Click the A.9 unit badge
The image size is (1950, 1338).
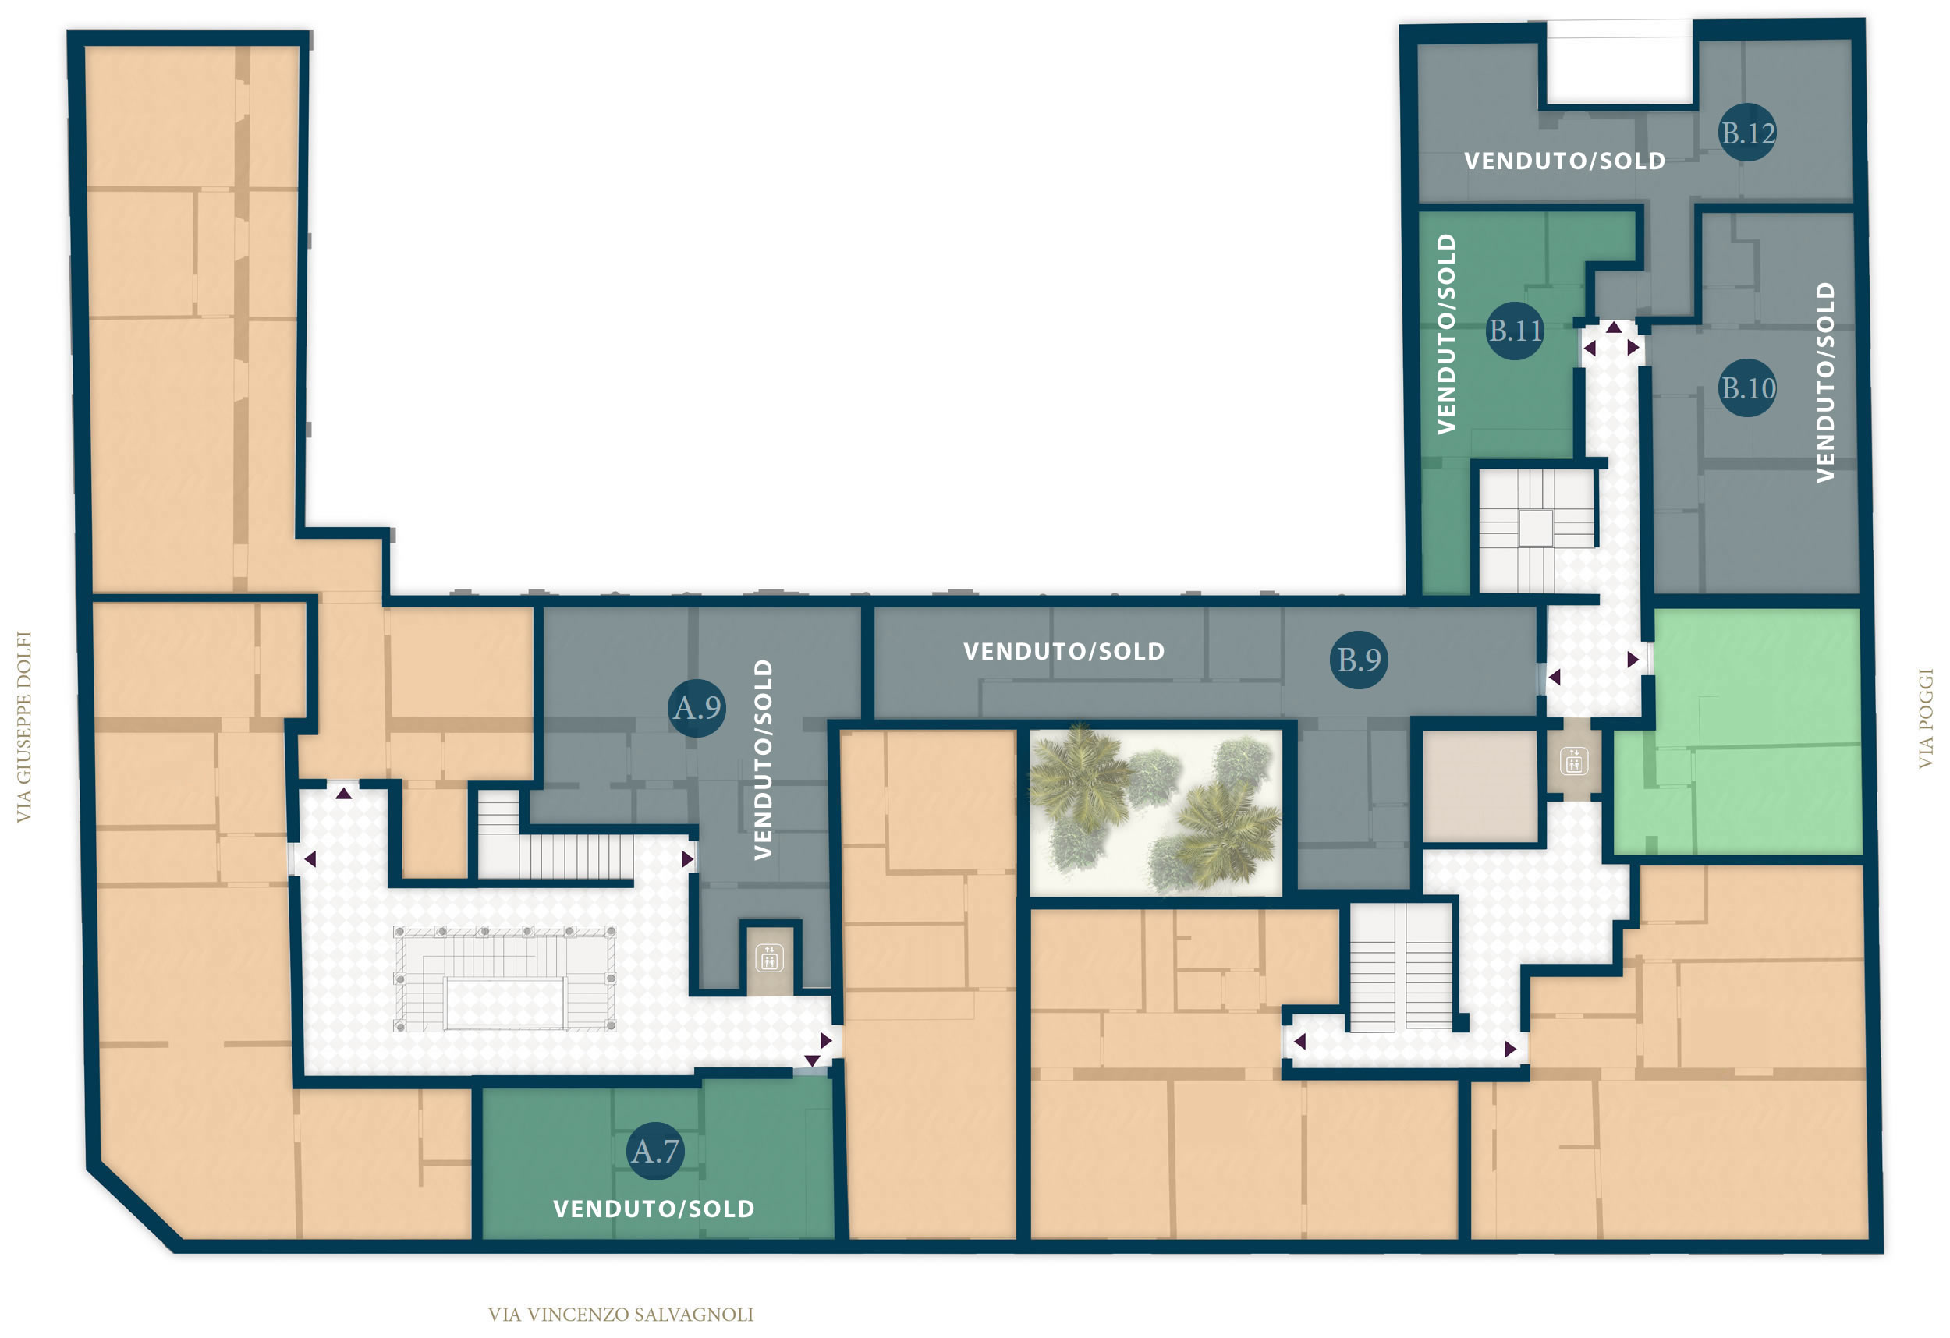pos(697,708)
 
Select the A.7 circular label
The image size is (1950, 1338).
pos(655,1152)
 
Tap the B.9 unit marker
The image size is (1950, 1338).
pos(1359,660)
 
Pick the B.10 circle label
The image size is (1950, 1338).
pos(1748,388)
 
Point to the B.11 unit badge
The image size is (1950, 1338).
pos(1515,331)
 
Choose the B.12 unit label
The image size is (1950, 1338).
pos(1747,133)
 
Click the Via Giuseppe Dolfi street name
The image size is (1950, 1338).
pos(23,727)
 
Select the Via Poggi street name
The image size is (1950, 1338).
pos(1926,718)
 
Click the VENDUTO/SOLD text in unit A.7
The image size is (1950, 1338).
pos(654,1209)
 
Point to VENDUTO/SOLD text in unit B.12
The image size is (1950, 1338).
pos(1565,161)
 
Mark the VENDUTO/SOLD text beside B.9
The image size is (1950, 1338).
pos(1064,652)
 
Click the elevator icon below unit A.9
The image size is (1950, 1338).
pos(769,958)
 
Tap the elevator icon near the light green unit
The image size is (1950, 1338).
pos(1573,762)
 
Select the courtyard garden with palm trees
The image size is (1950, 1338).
pos(1155,812)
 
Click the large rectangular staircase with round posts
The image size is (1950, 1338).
pos(505,979)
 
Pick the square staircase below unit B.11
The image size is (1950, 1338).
pos(1536,528)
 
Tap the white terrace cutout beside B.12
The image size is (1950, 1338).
pos(1619,63)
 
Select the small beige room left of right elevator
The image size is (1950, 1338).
pos(1480,786)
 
